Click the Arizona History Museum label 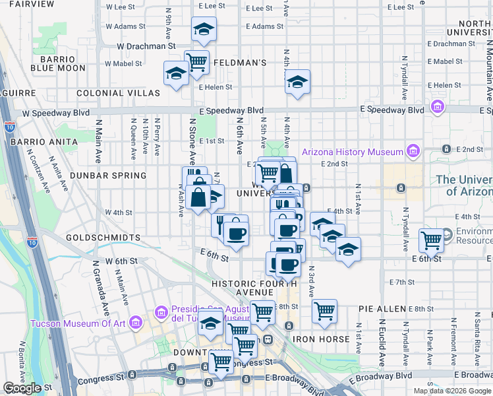352,152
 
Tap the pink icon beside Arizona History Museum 413,152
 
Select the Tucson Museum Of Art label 78,323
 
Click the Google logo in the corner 22,388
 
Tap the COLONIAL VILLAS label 118,93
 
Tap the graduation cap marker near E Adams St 204,29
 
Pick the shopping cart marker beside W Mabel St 197,62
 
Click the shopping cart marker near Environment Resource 432,240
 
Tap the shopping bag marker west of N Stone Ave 198,197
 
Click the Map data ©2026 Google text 451,391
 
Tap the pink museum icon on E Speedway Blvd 436,106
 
